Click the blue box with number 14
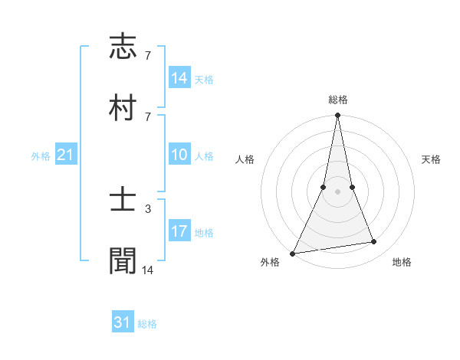click(179, 78)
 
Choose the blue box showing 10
click(179, 155)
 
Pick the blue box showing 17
click(179, 231)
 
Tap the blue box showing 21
click(66, 155)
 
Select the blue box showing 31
click(123, 322)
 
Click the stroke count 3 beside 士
click(147, 208)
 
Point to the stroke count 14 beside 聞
click(149, 269)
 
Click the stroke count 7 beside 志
click(147, 55)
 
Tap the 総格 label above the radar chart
click(338, 100)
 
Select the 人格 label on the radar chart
click(245, 159)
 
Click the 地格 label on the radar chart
click(402, 262)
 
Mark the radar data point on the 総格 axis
click(337, 116)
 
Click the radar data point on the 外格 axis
click(293, 254)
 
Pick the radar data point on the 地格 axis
click(374, 242)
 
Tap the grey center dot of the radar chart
click(337, 191)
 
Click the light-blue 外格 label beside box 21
click(41, 156)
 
